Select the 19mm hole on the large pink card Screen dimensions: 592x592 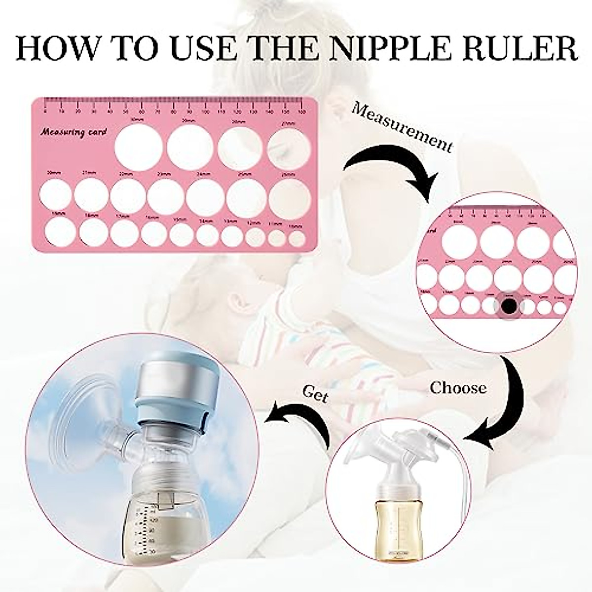tap(59, 231)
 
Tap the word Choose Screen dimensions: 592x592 tap(458, 388)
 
